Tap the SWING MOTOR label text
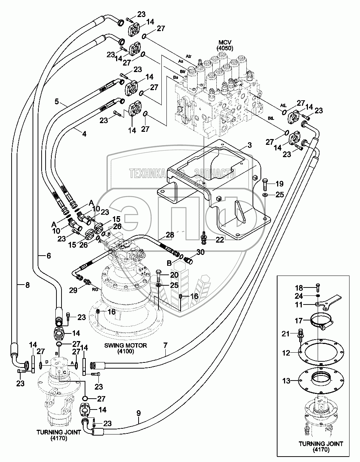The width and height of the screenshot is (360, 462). click(x=126, y=345)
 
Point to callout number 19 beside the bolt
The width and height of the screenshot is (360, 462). click(x=280, y=183)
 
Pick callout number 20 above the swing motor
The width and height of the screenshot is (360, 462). click(x=174, y=274)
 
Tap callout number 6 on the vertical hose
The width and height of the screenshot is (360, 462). click(x=48, y=255)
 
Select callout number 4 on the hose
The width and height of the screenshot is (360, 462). click(x=84, y=133)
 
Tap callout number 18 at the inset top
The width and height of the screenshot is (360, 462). click(x=298, y=288)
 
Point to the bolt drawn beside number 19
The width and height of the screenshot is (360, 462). click(x=264, y=184)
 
